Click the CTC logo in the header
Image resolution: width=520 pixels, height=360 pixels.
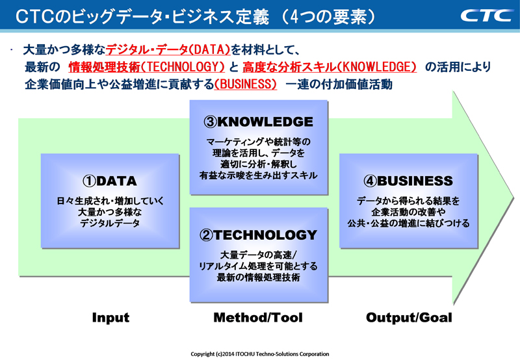tap(486, 15)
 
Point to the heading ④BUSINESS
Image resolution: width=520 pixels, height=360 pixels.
tap(407, 181)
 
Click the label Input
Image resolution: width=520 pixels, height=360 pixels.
tap(110, 318)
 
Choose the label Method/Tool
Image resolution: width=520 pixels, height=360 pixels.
tap(258, 318)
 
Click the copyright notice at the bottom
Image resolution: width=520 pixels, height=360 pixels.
tap(260, 354)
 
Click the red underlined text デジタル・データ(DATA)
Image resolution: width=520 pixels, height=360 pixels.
tap(168, 49)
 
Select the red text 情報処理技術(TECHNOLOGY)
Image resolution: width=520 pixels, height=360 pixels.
tap(146, 67)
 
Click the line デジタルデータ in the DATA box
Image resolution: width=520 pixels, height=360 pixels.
tap(109, 223)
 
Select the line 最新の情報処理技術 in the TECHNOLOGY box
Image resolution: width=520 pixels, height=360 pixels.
tap(258, 277)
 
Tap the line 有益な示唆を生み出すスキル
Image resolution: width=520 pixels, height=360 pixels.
tap(258, 175)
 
